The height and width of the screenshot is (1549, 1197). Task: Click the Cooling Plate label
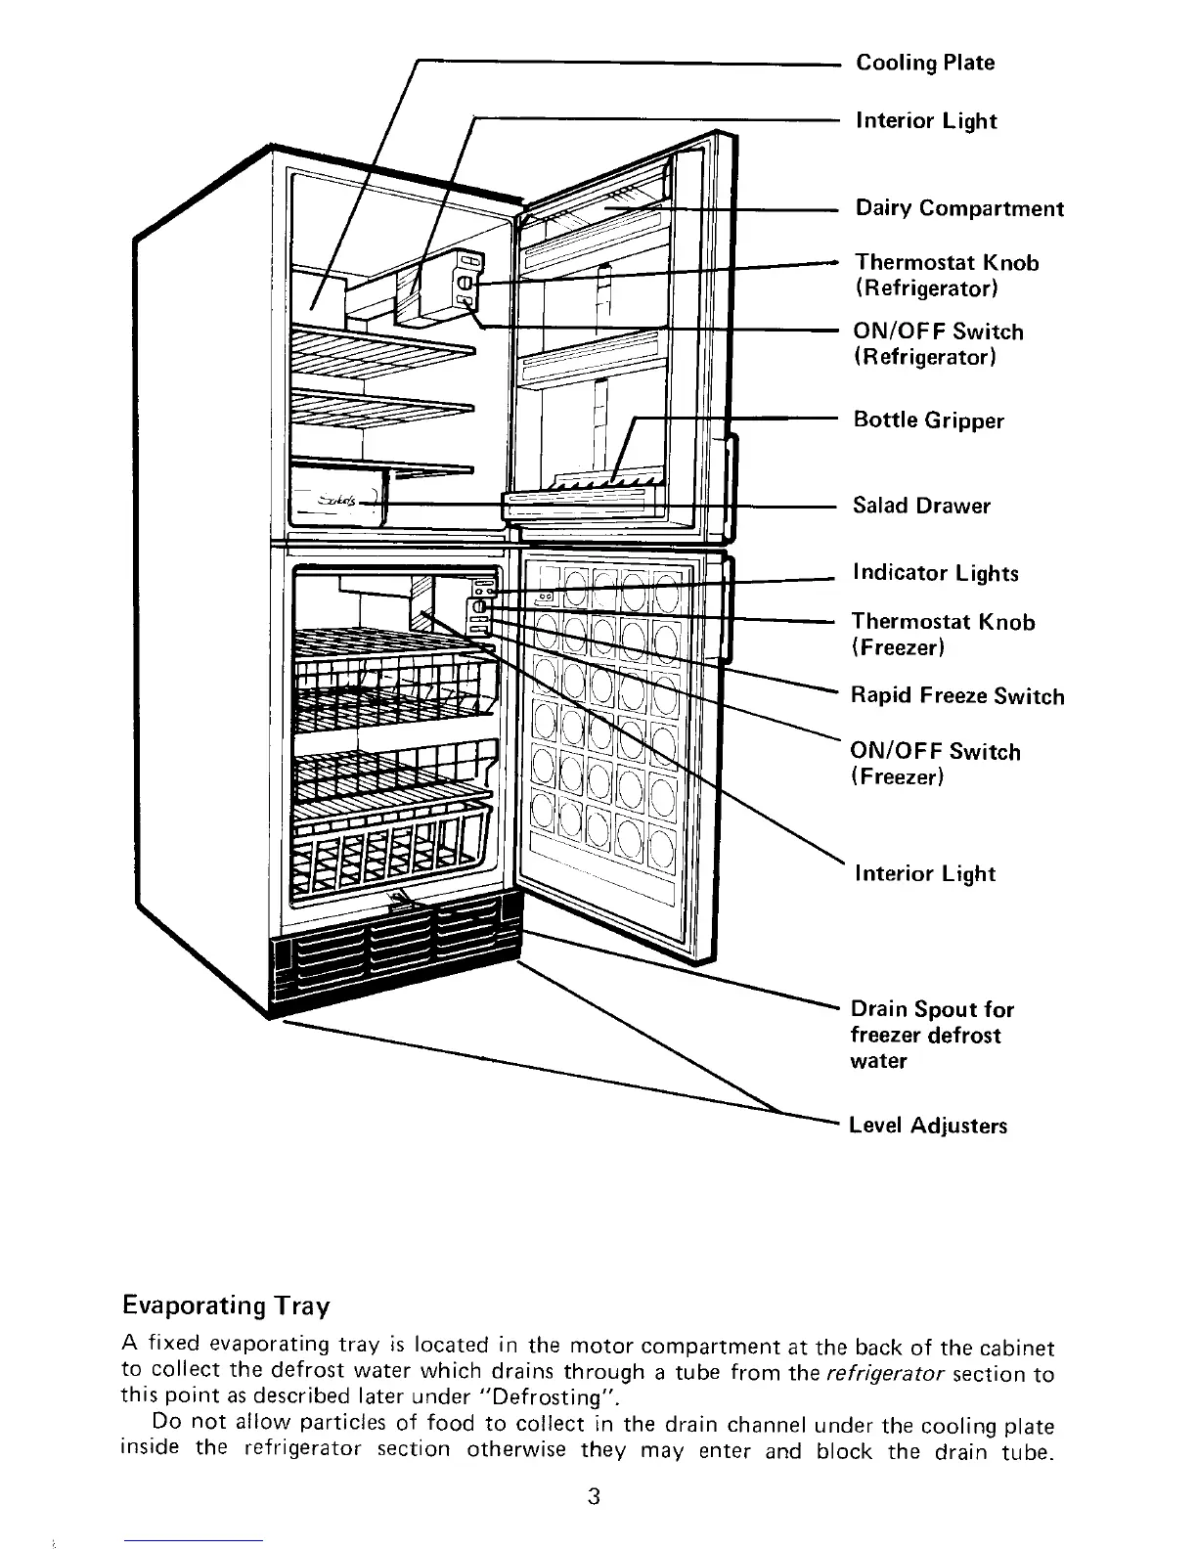(925, 63)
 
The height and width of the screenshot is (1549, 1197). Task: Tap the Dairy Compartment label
(959, 208)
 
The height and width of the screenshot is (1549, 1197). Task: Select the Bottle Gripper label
(928, 420)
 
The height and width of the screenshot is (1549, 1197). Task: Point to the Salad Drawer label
(921, 506)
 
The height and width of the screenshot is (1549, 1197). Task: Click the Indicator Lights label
(935, 573)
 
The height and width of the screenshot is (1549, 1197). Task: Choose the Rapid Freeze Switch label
(956, 696)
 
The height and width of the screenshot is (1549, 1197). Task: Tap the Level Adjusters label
(928, 1126)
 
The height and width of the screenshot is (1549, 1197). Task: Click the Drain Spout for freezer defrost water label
(931, 1035)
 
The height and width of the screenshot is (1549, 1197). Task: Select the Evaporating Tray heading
(226, 1306)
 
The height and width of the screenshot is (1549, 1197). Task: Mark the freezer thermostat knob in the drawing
(479, 608)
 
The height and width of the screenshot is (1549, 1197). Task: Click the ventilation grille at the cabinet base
(391, 958)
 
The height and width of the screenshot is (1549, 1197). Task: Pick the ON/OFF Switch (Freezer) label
(935, 764)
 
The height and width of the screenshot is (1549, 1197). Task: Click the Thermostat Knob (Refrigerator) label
(946, 275)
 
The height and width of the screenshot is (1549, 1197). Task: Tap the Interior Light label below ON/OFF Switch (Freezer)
(924, 874)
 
